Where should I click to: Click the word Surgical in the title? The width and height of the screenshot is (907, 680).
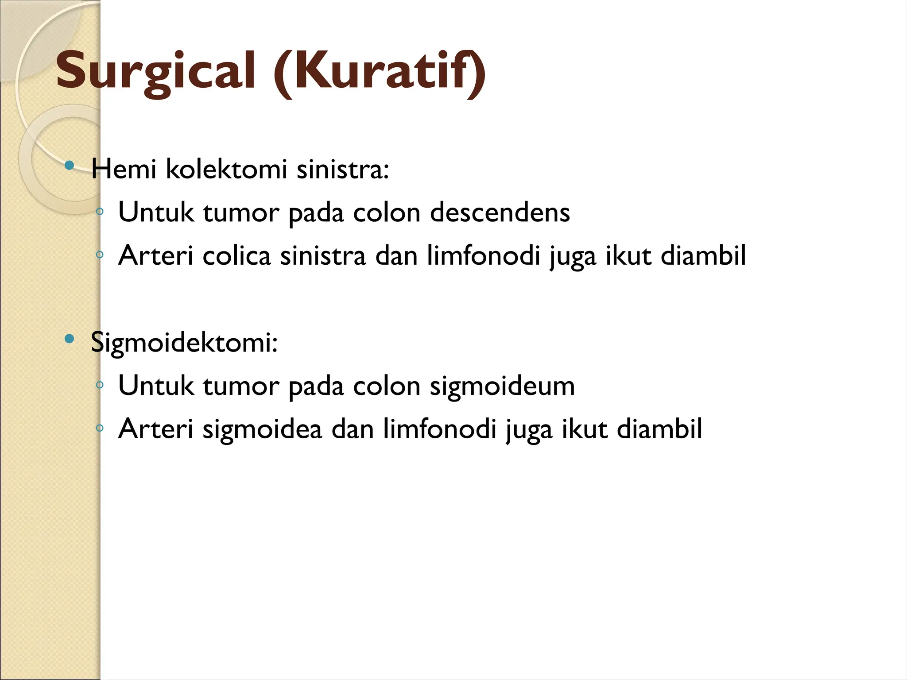[155, 71]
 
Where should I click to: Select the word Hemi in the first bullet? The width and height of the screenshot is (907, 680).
[124, 169]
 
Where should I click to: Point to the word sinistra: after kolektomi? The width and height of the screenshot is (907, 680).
[342, 169]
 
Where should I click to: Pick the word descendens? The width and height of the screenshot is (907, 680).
[500, 212]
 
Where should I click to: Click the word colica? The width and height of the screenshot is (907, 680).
[236, 256]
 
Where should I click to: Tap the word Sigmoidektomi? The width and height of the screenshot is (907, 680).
[184, 342]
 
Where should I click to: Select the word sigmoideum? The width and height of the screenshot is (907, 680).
[502, 386]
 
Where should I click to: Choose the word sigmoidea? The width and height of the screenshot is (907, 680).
[262, 429]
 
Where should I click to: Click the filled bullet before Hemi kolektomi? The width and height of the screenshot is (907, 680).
[69, 166]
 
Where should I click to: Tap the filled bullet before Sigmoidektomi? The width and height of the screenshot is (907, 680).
[69, 339]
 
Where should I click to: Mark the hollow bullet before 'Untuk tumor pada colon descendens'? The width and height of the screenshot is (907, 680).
[100, 212]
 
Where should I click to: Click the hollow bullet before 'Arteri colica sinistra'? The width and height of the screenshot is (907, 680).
[100, 255]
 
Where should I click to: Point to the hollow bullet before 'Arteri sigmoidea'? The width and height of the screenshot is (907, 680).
[100, 428]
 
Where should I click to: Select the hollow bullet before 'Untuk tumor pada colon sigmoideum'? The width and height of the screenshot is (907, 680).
[100, 385]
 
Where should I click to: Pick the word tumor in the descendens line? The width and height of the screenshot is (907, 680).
[241, 212]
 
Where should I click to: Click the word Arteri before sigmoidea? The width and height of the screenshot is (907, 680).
[156, 429]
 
